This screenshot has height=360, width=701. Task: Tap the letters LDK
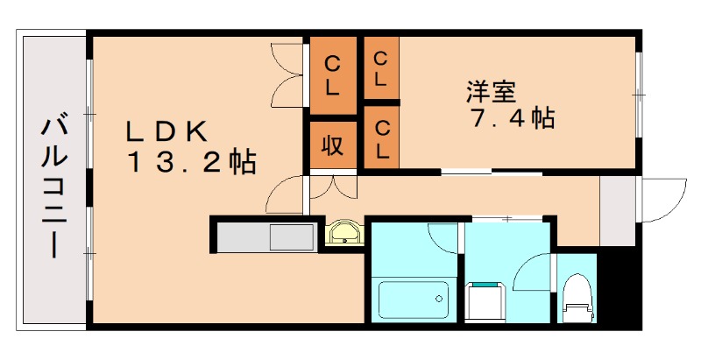point(166,131)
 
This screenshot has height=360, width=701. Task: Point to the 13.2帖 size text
point(192,162)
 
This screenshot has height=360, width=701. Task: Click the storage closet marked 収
point(332,145)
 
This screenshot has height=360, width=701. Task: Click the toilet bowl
point(577,294)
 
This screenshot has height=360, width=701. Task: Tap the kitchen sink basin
point(292,236)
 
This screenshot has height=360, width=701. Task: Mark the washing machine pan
point(484,302)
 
